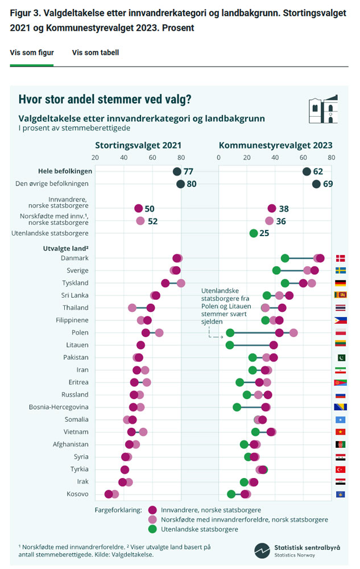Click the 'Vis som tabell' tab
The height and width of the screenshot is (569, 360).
pos(95,52)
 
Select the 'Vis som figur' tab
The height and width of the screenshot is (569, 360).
pos(32,52)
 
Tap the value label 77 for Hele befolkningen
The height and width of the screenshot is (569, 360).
pos(189,171)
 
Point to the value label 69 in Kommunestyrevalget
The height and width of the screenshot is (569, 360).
pos(328,184)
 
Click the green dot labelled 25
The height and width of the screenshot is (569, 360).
pos(254,233)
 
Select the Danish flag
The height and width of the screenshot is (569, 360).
pos(341,258)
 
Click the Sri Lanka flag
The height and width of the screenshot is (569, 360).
pos(341,295)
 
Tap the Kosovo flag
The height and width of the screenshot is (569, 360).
pos(341,494)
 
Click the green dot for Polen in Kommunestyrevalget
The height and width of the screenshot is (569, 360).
pos(230,332)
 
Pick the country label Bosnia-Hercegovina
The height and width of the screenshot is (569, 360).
pos(59,407)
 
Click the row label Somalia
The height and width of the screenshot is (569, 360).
pos(77,419)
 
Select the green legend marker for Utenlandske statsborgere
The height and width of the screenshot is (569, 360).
pos(152,529)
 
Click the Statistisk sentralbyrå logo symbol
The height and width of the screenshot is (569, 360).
pos(262,550)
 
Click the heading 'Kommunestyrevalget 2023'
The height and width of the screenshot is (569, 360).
pos(275,145)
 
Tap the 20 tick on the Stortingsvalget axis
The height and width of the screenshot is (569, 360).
pos(95,158)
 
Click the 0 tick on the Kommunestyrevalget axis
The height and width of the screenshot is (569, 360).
pos(219,158)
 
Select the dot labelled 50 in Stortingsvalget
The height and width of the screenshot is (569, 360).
pos(139,209)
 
